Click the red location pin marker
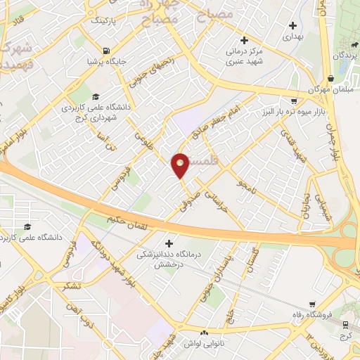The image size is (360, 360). click(180, 165)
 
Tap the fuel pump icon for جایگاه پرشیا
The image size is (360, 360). click(106, 51)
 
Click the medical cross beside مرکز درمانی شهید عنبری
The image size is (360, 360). click(244, 40)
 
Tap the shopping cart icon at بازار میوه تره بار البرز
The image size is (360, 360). click(294, 101)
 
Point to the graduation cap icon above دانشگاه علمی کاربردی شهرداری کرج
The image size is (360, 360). click(96, 97)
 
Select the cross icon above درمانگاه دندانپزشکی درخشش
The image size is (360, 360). click(167, 243)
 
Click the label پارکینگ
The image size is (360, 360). click(106, 20)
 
